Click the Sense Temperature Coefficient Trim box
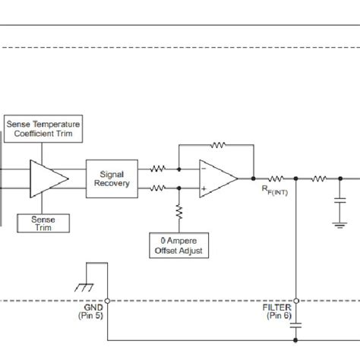tap(43, 128)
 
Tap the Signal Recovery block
tap(110, 178)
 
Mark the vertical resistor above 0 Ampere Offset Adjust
tap(180, 213)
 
